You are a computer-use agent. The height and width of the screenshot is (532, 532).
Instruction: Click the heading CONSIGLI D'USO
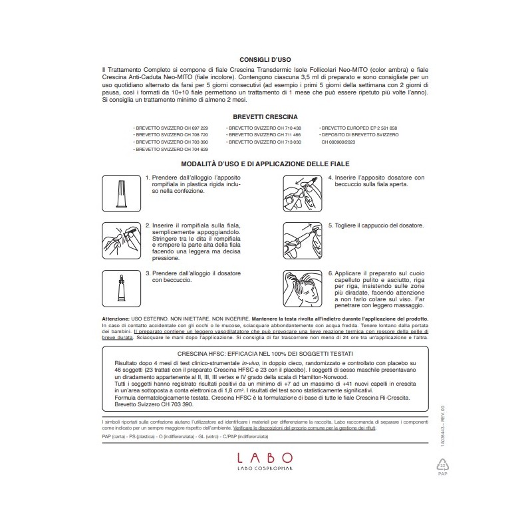[265, 58]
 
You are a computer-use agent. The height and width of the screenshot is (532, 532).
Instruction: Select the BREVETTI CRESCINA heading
[265, 116]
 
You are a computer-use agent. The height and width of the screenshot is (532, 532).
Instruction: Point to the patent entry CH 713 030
[264, 142]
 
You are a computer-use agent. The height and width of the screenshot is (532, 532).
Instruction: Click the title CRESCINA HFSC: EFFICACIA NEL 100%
[265, 353]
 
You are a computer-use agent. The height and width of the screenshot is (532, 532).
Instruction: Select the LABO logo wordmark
[265, 458]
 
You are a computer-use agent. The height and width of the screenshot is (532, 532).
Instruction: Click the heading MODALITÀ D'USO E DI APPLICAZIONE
[265, 164]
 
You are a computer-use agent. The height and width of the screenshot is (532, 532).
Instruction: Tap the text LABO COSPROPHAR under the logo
[265, 471]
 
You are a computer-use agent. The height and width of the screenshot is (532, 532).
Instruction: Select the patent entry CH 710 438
[264, 126]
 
